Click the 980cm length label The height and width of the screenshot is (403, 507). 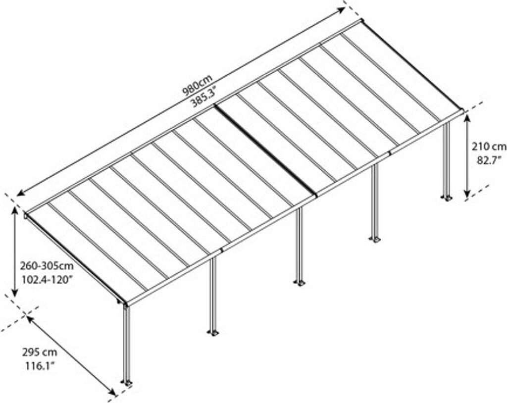pos(197,85)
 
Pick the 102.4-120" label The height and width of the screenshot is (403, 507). pos(48,279)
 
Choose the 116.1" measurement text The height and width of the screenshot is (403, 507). pos(40,366)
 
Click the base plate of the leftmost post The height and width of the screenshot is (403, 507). pos(127,383)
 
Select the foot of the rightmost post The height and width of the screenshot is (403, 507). pos(448,198)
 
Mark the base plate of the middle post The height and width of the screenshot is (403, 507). pos(299,283)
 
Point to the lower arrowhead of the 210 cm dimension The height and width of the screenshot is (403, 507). pos(466,196)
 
